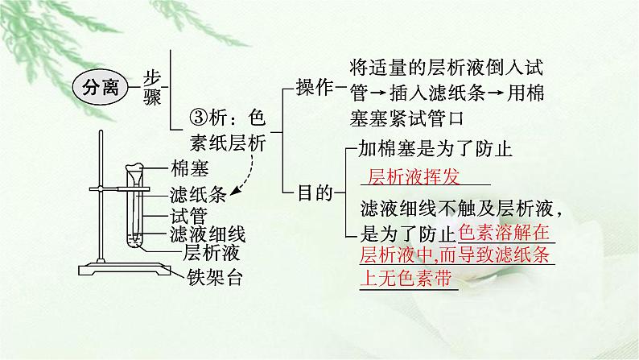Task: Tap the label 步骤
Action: (150, 87)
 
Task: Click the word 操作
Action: (314, 88)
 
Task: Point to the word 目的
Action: (314, 192)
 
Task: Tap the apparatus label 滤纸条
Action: (196, 194)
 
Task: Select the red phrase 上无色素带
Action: (406, 279)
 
